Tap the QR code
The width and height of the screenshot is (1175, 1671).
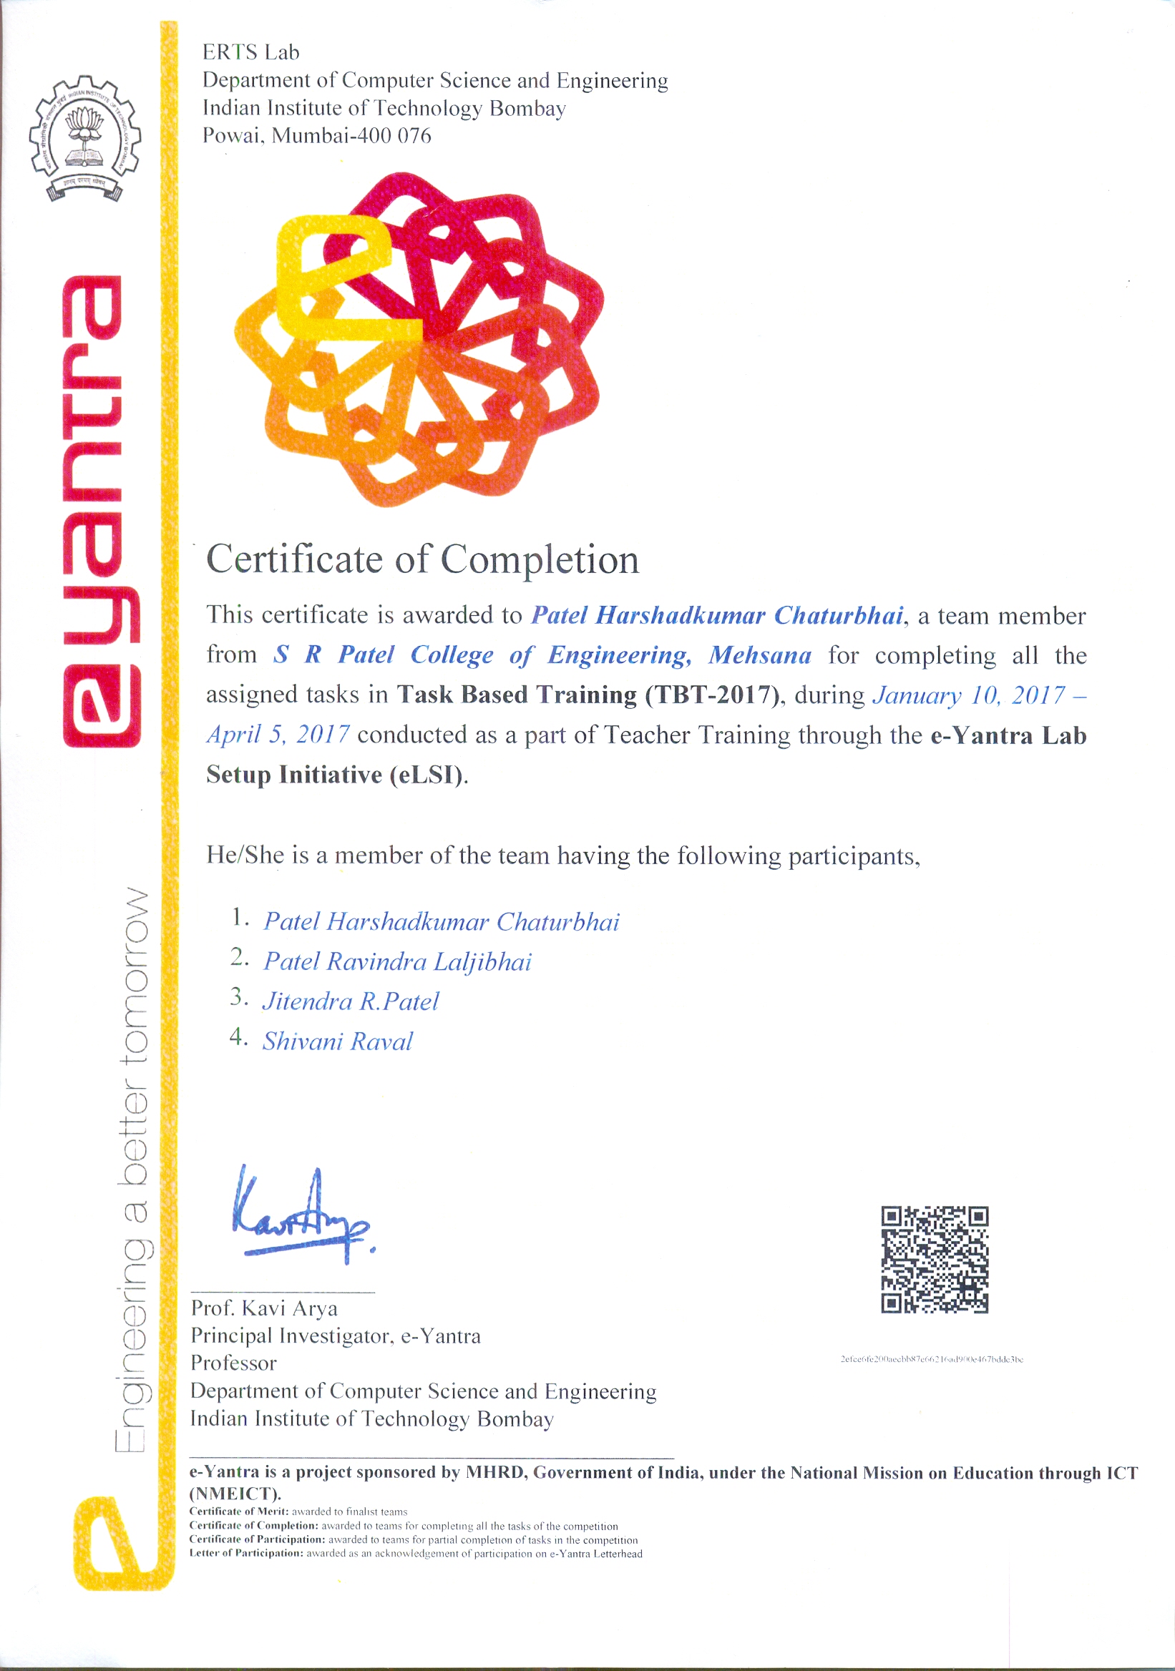[x=934, y=1259]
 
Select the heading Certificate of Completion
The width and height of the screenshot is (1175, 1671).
[x=422, y=559]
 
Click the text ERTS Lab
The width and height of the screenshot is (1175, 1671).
[x=250, y=52]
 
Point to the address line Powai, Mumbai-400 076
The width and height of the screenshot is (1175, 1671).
[x=317, y=135]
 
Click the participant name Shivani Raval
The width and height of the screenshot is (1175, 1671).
[x=337, y=1042]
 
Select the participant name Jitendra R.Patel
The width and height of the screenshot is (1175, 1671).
[x=350, y=1001]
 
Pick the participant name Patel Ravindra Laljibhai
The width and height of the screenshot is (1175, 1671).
[x=396, y=961]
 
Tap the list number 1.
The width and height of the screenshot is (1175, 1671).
[x=240, y=918]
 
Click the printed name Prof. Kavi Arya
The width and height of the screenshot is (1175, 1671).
[x=263, y=1308]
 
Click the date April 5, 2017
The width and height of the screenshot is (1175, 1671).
[x=278, y=735]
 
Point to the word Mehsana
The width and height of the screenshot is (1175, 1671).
[x=759, y=655]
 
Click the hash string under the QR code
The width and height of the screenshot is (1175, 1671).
[x=932, y=1359]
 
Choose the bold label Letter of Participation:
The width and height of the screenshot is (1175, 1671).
[x=246, y=1553]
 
